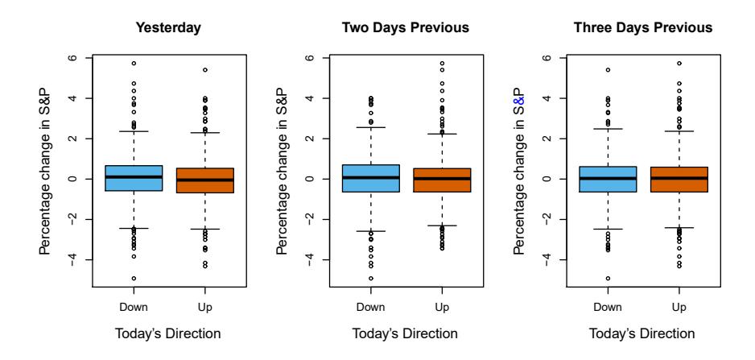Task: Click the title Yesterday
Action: click(x=168, y=28)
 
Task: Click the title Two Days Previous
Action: click(x=406, y=28)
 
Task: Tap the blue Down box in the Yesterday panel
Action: click(x=134, y=178)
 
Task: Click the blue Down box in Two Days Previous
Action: click(x=371, y=178)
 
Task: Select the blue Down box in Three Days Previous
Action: click(x=609, y=179)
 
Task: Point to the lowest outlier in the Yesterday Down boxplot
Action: click(x=134, y=279)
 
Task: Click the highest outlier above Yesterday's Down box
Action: click(x=134, y=63)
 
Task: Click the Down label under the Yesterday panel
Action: click(x=134, y=307)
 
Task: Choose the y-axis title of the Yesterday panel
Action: click(x=47, y=172)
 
